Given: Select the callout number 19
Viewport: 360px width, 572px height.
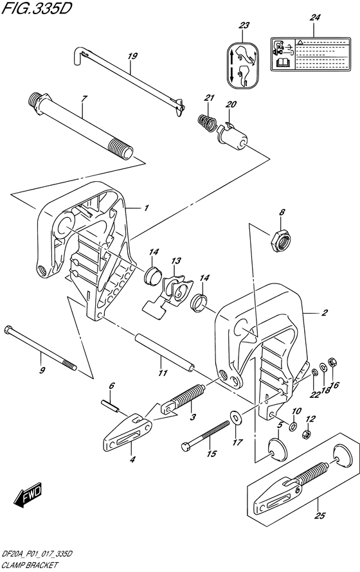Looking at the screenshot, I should point(132,56).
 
